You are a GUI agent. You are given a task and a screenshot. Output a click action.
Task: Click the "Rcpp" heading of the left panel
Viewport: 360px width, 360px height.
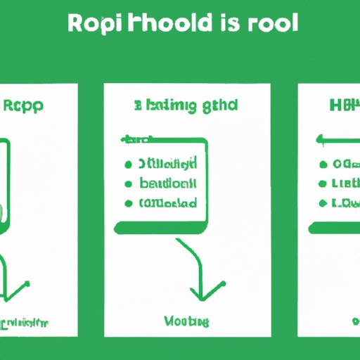pos(24,108)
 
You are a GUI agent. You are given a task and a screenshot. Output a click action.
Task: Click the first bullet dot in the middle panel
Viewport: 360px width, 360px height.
pos(129,165)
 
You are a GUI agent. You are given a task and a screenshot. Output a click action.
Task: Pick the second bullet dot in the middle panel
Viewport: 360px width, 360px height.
pos(129,184)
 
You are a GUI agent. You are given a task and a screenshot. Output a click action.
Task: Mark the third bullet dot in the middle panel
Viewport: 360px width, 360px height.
pos(129,204)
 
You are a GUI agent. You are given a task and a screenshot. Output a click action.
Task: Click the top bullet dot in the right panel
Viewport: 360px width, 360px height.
pos(323,165)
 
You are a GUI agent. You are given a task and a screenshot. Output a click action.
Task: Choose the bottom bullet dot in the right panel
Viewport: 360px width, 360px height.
pos(323,204)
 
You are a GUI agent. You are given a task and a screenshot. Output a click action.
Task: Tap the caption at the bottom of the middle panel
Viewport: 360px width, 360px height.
pos(186,321)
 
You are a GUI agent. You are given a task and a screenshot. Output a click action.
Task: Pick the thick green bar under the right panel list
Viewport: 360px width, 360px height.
pos(335,228)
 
